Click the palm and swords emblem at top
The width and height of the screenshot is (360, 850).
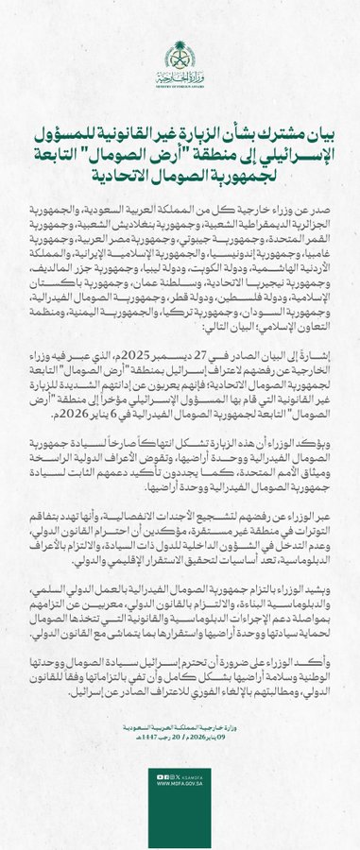click(180, 50)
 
